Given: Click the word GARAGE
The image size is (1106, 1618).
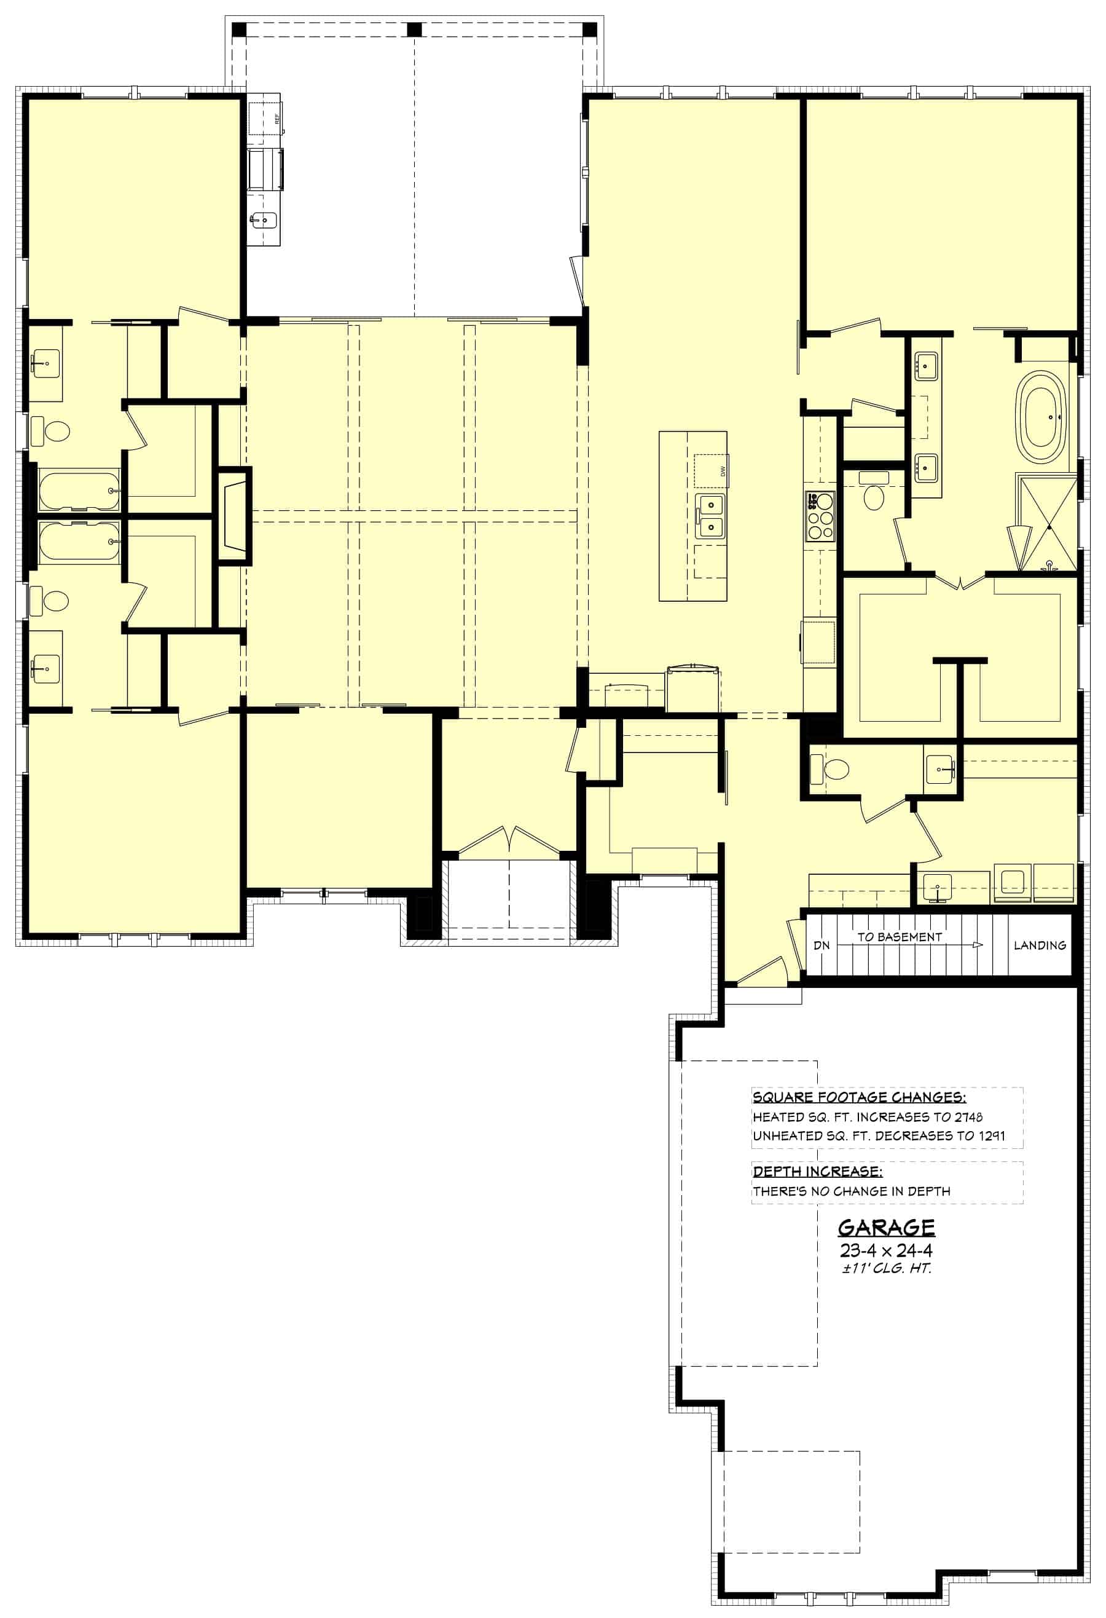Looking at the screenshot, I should pyautogui.click(x=885, y=1228).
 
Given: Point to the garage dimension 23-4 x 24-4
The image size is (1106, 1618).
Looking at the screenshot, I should pyautogui.click(x=885, y=1250).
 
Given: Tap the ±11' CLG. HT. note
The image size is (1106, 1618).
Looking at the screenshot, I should pyautogui.click(x=885, y=1268).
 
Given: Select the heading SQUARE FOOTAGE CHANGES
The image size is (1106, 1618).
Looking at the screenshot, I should pyautogui.click(x=859, y=1098).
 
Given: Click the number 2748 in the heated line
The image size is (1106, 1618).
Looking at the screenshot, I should pyautogui.click(x=968, y=1118).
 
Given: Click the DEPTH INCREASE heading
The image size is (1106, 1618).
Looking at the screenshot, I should pyautogui.click(x=817, y=1172).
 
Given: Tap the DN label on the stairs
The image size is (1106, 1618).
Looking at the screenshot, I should pyautogui.click(x=822, y=945).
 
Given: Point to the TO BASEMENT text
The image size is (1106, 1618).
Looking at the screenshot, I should pyautogui.click(x=900, y=937).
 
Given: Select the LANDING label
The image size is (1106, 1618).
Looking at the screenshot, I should pyautogui.click(x=1039, y=945).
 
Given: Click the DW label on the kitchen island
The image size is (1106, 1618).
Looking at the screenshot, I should pyautogui.click(x=723, y=472).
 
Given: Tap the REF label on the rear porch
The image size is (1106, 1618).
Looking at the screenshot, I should pyautogui.click(x=276, y=119).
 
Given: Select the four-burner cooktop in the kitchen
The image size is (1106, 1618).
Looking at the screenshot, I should pyautogui.click(x=820, y=516).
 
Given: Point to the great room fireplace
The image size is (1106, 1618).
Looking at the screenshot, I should pyautogui.click(x=234, y=515).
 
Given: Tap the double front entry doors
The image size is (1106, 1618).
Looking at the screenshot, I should pyautogui.click(x=509, y=841).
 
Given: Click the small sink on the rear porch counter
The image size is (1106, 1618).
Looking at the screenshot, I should pyautogui.click(x=263, y=221).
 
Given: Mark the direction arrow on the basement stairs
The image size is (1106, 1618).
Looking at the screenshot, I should pyautogui.click(x=977, y=945).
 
